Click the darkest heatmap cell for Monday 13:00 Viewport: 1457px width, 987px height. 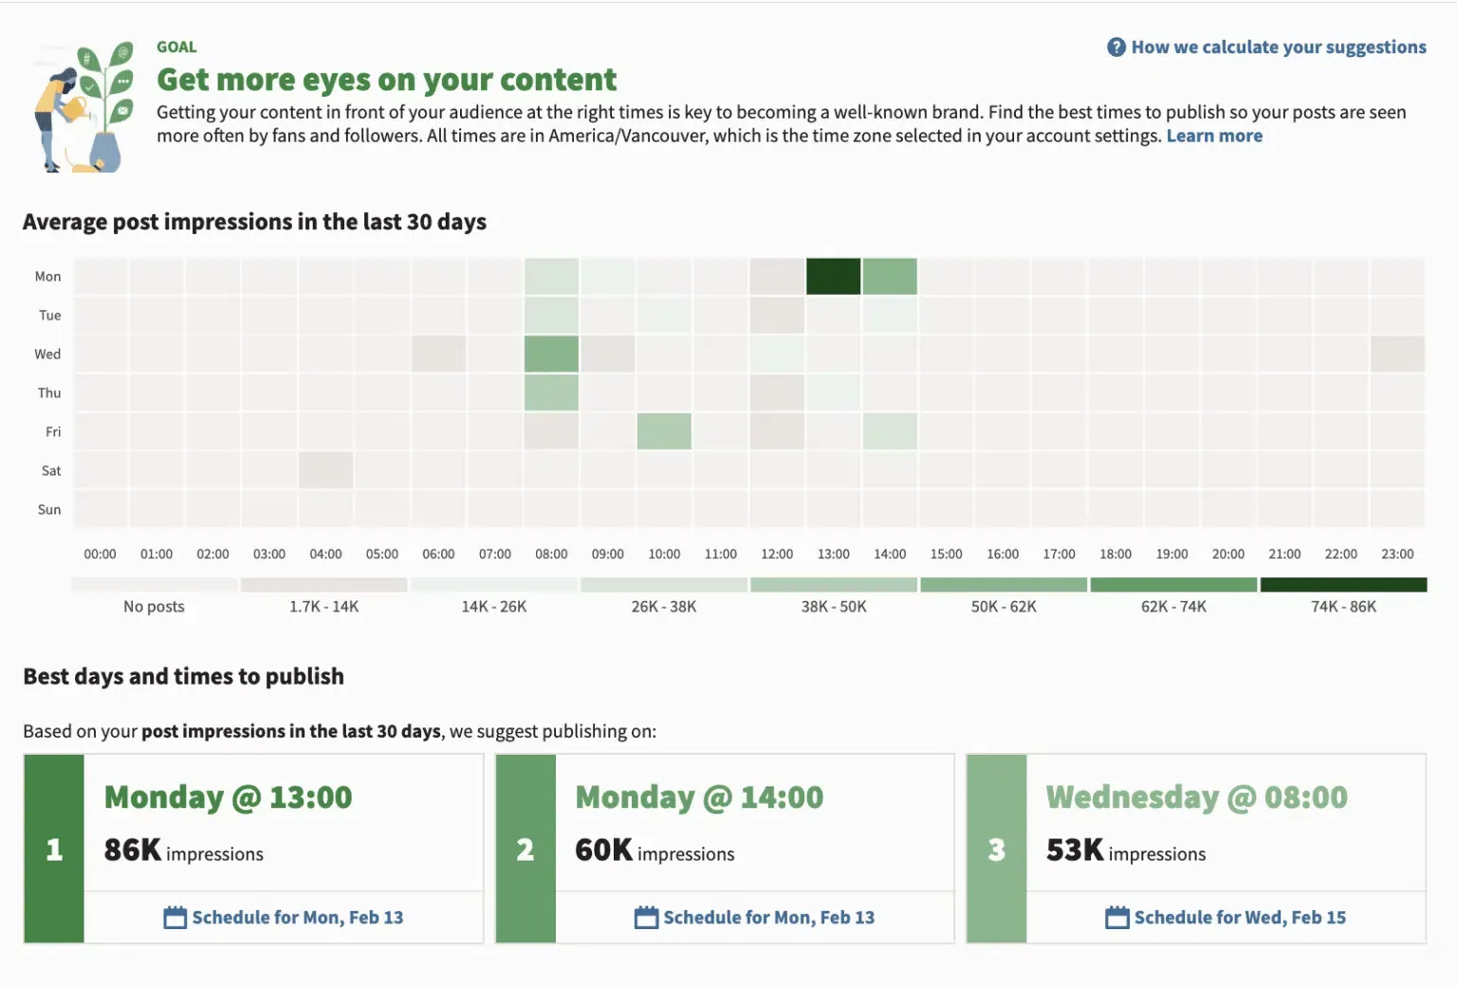(833, 276)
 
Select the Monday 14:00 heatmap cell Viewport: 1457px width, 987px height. (890, 276)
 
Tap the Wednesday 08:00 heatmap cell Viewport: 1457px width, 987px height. (551, 354)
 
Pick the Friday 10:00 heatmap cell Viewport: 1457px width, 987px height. (664, 431)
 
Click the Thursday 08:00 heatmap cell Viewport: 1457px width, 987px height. (551, 393)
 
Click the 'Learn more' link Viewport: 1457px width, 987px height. (1214, 136)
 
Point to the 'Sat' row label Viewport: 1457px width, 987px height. (51, 470)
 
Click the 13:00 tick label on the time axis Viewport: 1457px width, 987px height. (833, 554)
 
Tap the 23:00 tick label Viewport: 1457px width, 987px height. (1396, 554)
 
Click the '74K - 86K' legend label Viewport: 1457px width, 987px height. (1343, 607)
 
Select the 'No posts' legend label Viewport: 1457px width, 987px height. (154, 607)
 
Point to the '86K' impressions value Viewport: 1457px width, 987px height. (133, 850)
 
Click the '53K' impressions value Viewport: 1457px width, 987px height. (1075, 850)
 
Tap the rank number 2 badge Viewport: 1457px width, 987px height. (526, 849)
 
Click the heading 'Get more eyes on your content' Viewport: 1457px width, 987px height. (386, 80)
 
